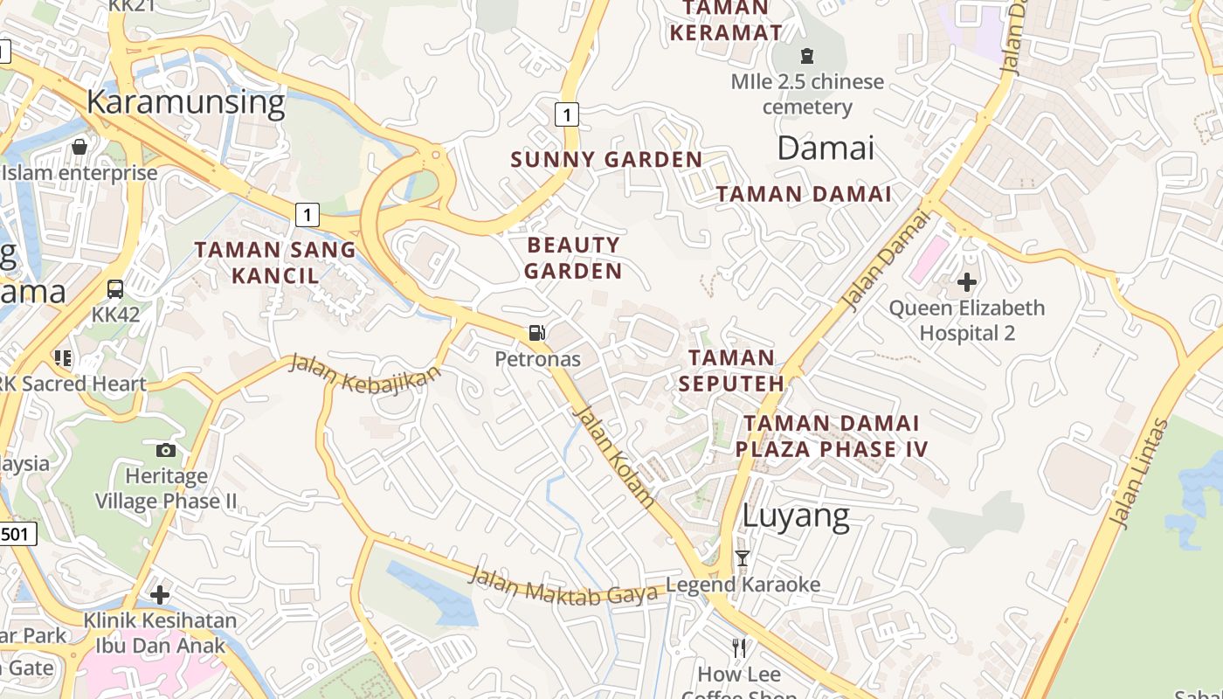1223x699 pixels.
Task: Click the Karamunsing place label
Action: pyautogui.click(x=186, y=103)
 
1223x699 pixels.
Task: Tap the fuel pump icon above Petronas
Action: pyautogui.click(x=537, y=332)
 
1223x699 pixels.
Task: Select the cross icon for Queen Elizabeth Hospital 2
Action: pyautogui.click(x=966, y=282)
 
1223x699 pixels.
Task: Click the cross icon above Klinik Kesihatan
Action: pyautogui.click(x=159, y=595)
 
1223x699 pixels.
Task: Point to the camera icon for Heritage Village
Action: pyautogui.click(x=166, y=450)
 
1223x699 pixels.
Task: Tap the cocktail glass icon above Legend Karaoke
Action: pyautogui.click(x=743, y=558)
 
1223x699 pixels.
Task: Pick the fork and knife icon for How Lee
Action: pyautogui.click(x=740, y=647)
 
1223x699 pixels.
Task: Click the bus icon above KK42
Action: pyautogui.click(x=115, y=288)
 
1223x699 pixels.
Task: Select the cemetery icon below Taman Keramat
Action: pyautogui.click(x=807, y=56)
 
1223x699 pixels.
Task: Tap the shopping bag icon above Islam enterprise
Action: pyautogui.click(x=79, y=146)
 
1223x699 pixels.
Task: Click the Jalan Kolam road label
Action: pyautogui.click(x=614, y=457)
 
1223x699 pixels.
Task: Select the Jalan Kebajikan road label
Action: pyautogui.click(x=364, y=374)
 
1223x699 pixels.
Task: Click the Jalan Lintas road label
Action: pyautogui.click(x=1138, y=473)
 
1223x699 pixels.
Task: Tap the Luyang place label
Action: pyautogui.click(x=795, y=516)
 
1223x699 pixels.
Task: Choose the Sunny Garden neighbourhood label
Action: pyautogui.click(x=606, y=160)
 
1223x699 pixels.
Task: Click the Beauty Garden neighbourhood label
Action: pyautogui.click(x=573, y=258)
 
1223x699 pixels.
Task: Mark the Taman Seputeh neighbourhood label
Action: pyautogui.click(x=731, y=370)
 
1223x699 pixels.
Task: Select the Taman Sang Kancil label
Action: pyautogui.click(x=275, y=262)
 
